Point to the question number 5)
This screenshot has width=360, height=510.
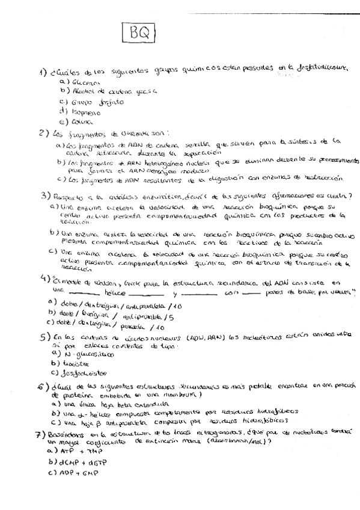pyautogui.click(x=44, y=337)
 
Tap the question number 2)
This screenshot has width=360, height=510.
pyautogui.click(x=43, y=133)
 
